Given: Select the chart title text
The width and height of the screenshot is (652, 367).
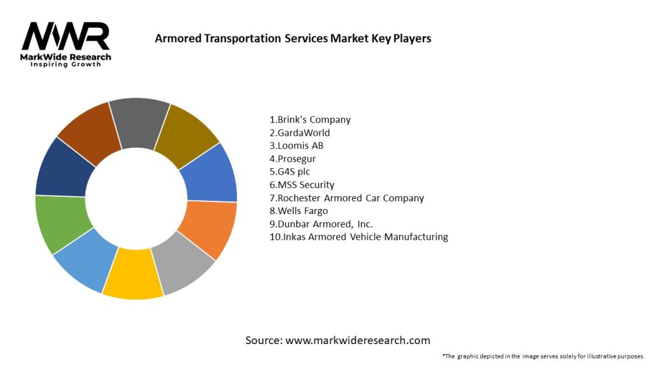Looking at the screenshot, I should coord(293,38).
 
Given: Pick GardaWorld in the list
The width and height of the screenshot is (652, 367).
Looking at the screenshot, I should coord(300,133).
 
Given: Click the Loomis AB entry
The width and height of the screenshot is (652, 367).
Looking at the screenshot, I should coord(297,146).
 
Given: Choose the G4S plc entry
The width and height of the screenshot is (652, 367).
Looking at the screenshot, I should coord(290,172).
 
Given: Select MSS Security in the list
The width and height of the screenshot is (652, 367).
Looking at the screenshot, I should coord(302,185).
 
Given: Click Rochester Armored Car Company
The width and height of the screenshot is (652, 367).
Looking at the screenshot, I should coord(346,198).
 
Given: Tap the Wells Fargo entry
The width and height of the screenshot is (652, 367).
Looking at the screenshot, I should coord(299,211).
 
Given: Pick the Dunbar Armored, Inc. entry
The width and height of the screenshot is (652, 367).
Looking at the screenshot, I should coord(321,224).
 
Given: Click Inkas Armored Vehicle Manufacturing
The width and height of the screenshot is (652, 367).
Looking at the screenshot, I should coord(358,237).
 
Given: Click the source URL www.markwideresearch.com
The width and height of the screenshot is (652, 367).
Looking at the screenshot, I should coord(357,340).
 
